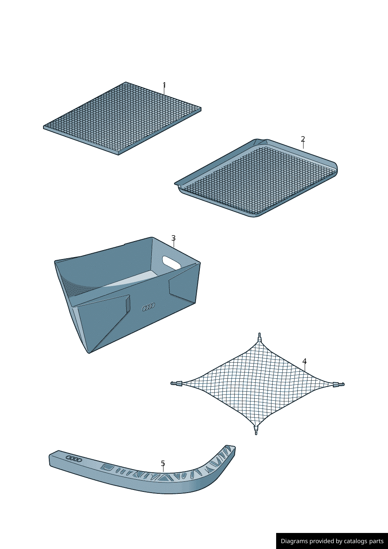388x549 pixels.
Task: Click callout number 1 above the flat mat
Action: (164, 85)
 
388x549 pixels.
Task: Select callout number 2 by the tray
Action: (303, 139)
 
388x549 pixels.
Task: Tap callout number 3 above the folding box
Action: (173, 238)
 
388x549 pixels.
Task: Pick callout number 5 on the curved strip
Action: (163, 463)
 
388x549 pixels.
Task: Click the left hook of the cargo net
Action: (176, 383)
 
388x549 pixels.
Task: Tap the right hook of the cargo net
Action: (338, 384)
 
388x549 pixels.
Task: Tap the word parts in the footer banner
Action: (376, 541)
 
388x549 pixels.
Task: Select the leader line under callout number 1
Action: (164, 91)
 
